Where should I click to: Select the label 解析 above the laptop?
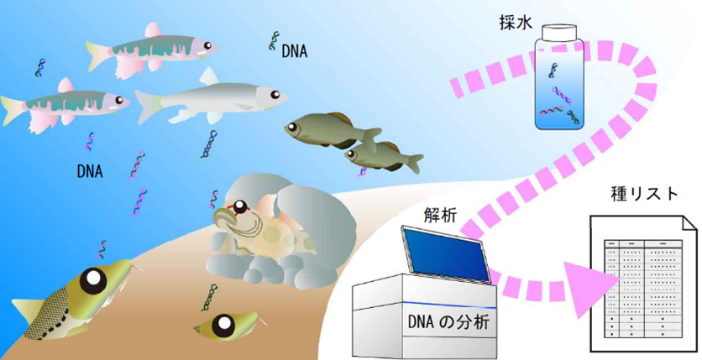point(440,216)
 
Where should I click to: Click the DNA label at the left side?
point(89,172)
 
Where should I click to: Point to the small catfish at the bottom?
point(225,322)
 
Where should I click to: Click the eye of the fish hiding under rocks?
point(241,208)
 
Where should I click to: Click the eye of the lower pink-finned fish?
point(118,101)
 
